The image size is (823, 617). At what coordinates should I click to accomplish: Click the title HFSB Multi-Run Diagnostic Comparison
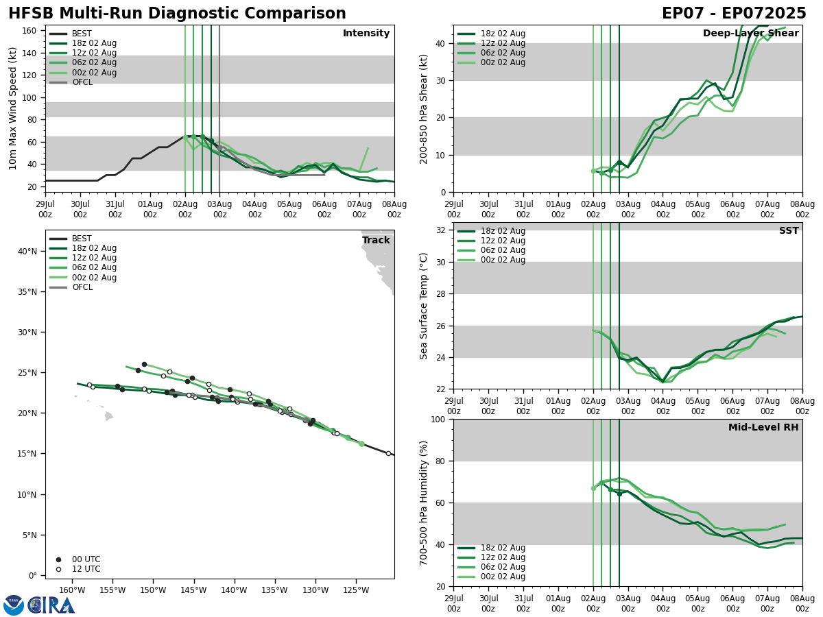tap(177, 14)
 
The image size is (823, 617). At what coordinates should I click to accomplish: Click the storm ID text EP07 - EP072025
tap(734, 14)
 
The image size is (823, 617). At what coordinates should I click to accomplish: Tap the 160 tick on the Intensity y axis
tap(31, 31)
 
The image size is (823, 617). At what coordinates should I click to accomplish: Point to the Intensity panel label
tap(366, 34)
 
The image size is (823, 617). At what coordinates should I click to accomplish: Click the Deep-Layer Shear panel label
tap(750, 34)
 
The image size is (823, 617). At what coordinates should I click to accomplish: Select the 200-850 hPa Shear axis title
tap(424, 108)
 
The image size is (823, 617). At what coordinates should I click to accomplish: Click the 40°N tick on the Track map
tap(27, 252)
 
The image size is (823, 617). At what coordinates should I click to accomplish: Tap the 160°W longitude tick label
tap(72, 590)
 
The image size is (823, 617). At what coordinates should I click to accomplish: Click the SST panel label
tap(789, 231)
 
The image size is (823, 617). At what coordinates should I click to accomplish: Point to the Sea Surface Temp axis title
tap(424, 306)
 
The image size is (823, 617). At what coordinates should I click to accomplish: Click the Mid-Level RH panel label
tap(763, 428)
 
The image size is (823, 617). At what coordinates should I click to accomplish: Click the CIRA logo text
tap(51, 605)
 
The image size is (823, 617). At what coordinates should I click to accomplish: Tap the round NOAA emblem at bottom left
tap(14, 605)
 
